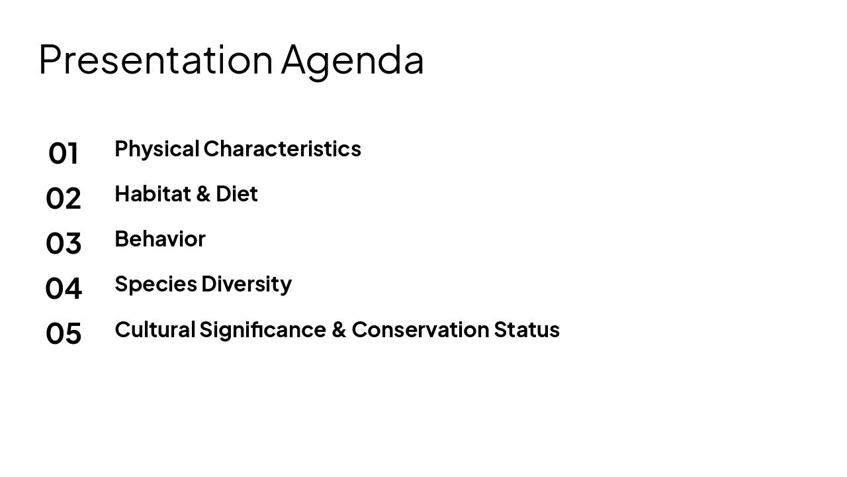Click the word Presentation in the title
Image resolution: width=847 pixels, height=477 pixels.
(156, 60)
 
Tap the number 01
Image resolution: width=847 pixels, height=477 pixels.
(64, 154)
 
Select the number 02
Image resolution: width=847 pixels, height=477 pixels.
(64, 199)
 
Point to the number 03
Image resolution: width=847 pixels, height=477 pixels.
(64, 244)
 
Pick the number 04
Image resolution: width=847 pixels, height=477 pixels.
(64, 289)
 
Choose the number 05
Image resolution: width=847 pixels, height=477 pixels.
(64, 334)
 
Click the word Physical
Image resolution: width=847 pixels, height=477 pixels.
(157, 149)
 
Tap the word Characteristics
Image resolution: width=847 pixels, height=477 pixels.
(282, 149)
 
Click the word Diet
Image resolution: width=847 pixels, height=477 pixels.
(236, 194)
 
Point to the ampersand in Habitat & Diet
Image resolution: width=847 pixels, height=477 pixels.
(204, 194)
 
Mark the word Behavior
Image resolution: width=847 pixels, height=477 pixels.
(160, 239)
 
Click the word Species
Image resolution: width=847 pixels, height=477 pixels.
(156, 284)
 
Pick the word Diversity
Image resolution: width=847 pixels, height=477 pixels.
(246, 284)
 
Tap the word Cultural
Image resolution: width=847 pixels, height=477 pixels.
(155, 330)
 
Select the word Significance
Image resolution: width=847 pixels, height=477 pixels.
(263, 330)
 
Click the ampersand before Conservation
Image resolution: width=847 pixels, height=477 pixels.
(339, 330)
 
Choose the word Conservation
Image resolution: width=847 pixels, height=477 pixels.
(420, 330)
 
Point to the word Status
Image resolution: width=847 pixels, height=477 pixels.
(527, 330)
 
